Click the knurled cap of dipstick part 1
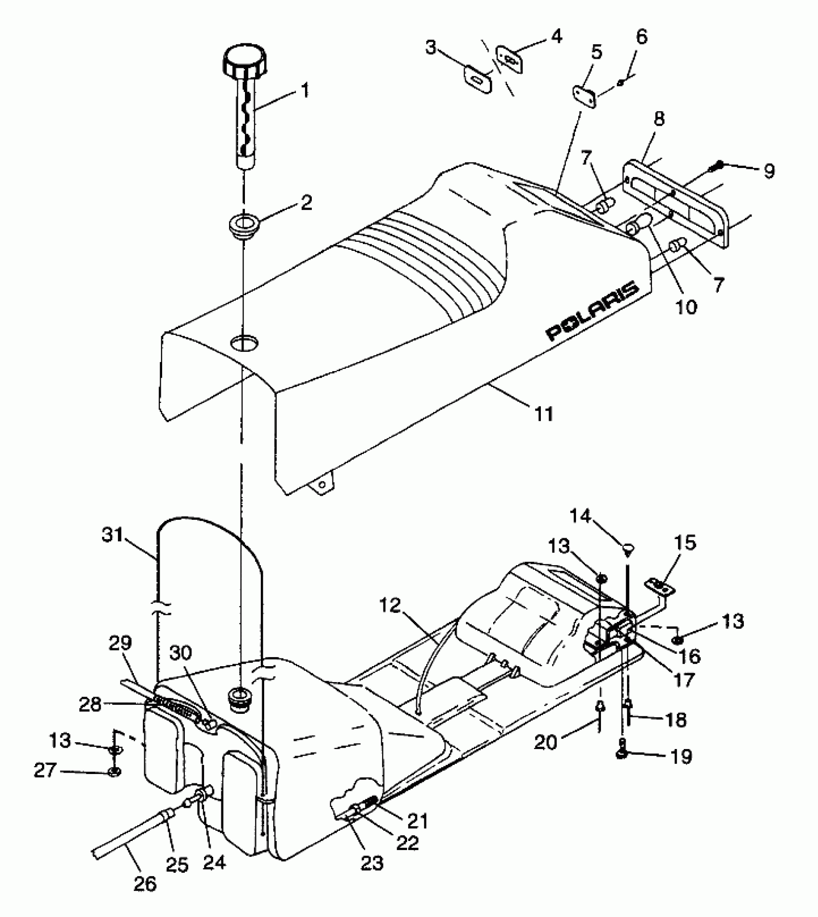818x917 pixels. point(243,62)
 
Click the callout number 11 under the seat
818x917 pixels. point(544,413)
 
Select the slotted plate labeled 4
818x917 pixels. point(509,59)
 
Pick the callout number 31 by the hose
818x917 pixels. point(114,536)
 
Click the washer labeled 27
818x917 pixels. point(115,772)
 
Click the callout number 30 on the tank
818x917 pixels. point(180,653)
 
